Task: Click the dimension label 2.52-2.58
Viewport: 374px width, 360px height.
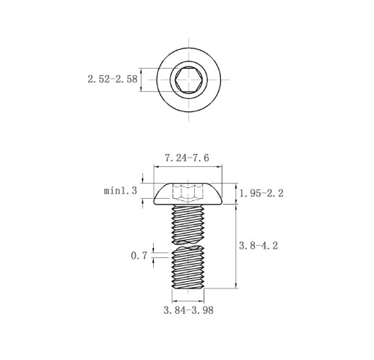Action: [113, 79]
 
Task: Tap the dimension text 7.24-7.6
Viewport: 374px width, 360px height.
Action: [187, 158]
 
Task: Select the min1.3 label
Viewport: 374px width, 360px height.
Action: [121, 191]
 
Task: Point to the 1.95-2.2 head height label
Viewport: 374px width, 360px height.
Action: [261, 193]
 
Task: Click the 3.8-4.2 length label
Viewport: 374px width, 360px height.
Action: [258, 246]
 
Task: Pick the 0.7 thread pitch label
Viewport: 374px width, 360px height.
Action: [139, 256]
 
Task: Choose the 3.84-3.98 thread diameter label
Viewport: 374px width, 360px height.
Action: [188, 310]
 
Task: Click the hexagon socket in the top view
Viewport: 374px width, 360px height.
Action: [188, 80]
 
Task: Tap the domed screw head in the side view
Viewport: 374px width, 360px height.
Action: [188, 194]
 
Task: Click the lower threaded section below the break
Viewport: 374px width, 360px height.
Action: [188, 267]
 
